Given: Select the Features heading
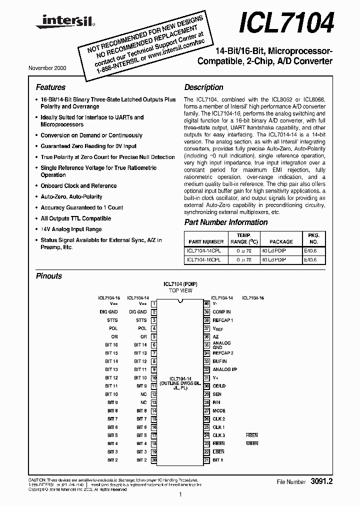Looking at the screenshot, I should pyautogui.click(x=50, y=87).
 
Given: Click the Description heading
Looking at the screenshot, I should pyautogui.click(x=203, y=87).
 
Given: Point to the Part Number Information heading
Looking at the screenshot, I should pyautogui.click(x=226, y=222).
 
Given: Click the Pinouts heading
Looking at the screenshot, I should pyautogui.click(x=49, y=276).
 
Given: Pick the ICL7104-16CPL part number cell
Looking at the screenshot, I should pyautogui.click(x=206, y=260).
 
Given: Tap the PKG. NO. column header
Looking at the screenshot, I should pyautogui.click(x=313, y=238).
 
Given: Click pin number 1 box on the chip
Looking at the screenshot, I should pyautogui.click(x=154, y=303).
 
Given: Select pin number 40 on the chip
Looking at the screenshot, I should pyautogui.click(x=206, y=303).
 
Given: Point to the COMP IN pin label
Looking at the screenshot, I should pyautogui.click(x=221, y=311).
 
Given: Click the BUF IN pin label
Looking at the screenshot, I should pyautogui.click(x=219, y=361).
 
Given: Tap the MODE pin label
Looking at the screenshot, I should pyautogui.click(x=219, y=410).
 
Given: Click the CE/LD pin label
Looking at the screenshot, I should pyautogui.click(x=219, y=386).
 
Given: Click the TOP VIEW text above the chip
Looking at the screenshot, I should pyautogui.click(x=180, y=290).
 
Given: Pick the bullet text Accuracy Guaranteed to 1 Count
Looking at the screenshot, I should pyautogui.click(x=82, y=207).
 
